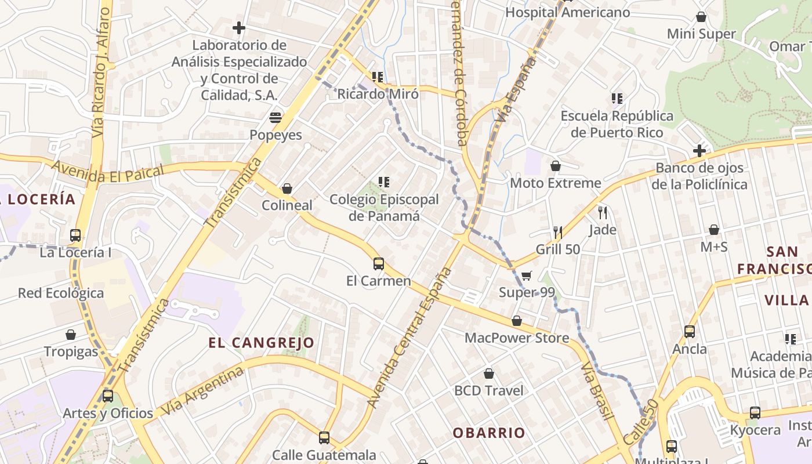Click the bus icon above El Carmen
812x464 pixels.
379,264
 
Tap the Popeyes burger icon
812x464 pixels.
275,118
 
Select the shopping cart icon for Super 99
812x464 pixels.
526,275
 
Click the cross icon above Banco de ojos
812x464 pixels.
699,151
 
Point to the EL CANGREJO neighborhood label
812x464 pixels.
261,343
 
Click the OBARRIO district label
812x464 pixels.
489,433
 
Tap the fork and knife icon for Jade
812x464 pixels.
603,213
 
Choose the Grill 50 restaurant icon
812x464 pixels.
558,233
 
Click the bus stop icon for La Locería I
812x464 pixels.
75,235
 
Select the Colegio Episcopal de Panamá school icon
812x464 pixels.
383,183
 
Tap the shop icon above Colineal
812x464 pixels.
287,188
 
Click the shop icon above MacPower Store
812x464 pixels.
517,321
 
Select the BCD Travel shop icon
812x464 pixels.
489,374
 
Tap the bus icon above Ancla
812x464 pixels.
690,332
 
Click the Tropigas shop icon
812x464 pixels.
71,335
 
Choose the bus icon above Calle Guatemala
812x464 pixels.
324,438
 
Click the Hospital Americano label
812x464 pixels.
567,12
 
